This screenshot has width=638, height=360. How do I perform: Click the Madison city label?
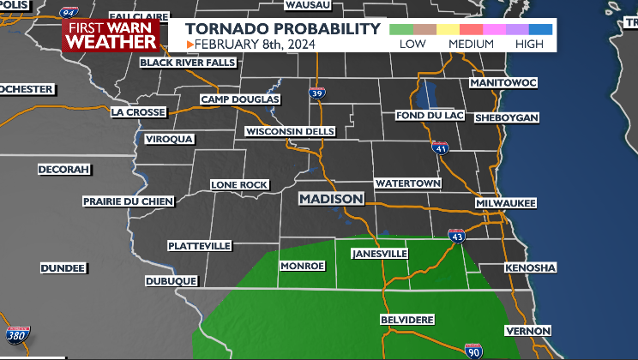(x=331, y=199)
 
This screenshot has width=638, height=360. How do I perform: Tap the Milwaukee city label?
(x=506, y=203)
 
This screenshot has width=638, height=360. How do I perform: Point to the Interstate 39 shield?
(x=317, y=93)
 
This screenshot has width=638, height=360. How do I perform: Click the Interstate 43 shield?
(x=457, y=234)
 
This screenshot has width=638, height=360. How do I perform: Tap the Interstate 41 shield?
(x=440, y=148)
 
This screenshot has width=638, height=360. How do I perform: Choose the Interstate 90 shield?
(x=474, y=350)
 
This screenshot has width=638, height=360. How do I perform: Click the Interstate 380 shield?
(x=17, y=334)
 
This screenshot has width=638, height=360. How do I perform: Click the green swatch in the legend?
(x=400, y=29)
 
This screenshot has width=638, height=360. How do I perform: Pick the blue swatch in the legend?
(x=541, y=29)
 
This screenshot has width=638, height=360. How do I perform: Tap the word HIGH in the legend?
(x=529, y=44)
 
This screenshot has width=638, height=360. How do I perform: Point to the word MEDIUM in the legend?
(x=471, y=44)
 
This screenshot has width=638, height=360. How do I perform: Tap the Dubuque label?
(x=172, y=280)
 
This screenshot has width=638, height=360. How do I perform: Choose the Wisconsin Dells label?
(x=292, y=131)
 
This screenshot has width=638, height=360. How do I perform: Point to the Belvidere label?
(x=407, y=320)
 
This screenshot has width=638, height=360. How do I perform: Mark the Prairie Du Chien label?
(x=128, y=201)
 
